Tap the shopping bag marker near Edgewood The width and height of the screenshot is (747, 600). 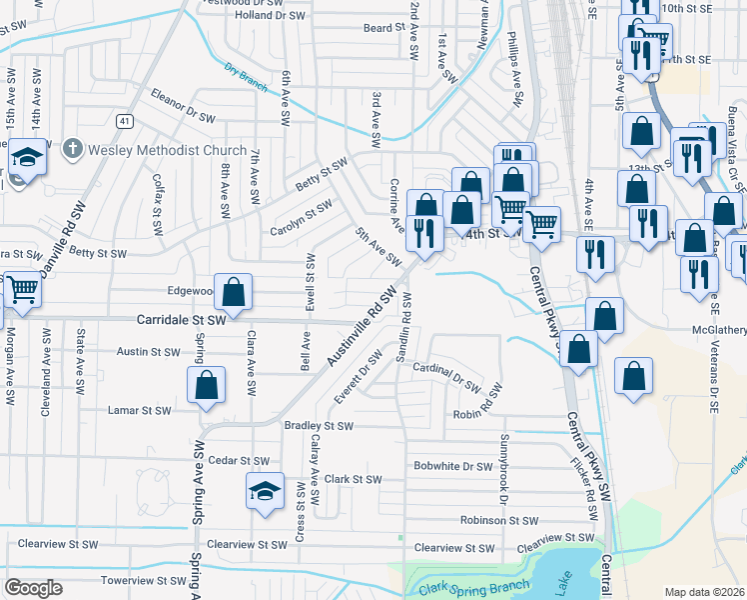(x=233, y=293)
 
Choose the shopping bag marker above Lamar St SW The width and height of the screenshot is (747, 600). (x=205, y=385)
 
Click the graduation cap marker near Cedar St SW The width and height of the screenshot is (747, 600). (x=265, y=491)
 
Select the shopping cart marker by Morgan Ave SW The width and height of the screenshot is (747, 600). (x=21, y=290)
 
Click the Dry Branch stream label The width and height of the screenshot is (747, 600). (x=246, y=78)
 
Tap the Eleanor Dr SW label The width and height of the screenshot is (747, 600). (x=184, y=108)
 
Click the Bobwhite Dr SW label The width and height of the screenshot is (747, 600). (x=453, y=466)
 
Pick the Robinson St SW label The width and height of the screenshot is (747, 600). (x=499, y=520)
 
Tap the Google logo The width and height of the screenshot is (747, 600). (x=34, y=587)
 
